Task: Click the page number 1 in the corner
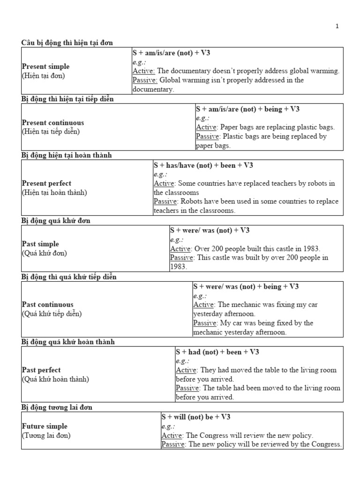pos(337,26)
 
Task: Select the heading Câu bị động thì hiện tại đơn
pos(67,43)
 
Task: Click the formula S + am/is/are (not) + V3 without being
pos(171,53)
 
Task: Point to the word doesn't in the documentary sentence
pos(230,71)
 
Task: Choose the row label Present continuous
pos(53,123)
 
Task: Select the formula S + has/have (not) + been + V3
pos(203,165)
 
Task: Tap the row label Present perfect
pos(46,183)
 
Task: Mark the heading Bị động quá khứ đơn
pos(55,221)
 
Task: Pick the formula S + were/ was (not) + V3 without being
pos(210,230)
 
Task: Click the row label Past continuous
pos(47,305)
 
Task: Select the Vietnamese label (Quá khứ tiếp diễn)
pos(52,314)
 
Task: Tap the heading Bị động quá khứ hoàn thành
pos(68,342)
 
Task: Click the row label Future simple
pos(45,427)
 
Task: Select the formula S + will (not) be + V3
pos(196,417)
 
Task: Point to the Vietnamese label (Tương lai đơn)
pos(46,435)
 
